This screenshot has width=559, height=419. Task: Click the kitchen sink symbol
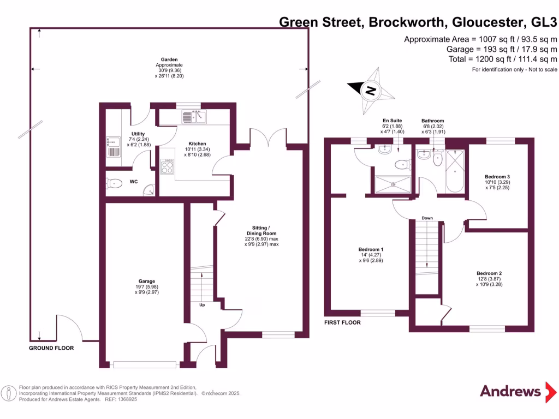[x=195, y=116]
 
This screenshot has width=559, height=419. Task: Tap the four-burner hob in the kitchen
[x=166, y=166]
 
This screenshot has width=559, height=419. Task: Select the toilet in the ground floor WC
[x=115, y=183]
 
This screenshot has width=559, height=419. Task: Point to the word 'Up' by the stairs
[x=202, y=305]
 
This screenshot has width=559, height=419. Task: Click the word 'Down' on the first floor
[x=427, y=218]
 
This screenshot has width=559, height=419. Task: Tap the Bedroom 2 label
[x=489, y=279]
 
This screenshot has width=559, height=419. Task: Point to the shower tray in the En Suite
[x=392, y=184]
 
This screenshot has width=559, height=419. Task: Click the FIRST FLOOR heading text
[x=342, y=322]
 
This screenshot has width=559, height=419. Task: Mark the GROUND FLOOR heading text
[x=51, y=348]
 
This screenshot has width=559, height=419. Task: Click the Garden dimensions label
[x=169, y=68]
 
